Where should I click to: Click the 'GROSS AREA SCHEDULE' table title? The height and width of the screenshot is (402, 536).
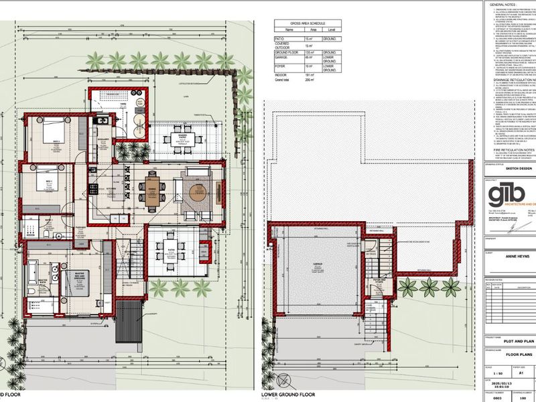[308, 23]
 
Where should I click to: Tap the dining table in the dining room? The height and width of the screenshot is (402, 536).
[151, 200]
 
